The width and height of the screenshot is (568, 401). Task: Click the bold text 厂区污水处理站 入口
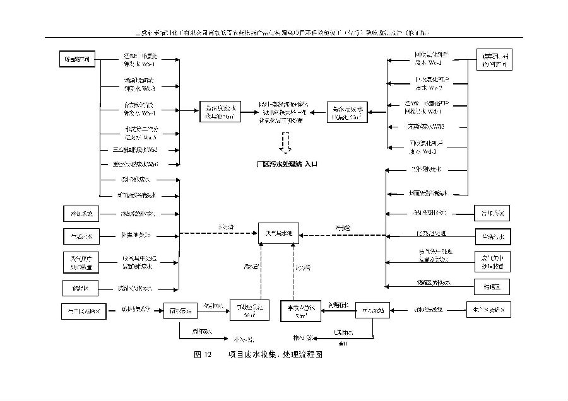click(x=286, y=163)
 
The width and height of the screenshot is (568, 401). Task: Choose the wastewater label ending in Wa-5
click(x=139, y=132)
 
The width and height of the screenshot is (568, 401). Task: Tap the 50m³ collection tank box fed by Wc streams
click(x=347, y=112)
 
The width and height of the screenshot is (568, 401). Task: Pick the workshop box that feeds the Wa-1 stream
click(x=78, y=60)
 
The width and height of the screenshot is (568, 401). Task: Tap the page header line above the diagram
click(x=283, y=32)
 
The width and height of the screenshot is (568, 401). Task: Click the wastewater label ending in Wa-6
click(x=139, y=164)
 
